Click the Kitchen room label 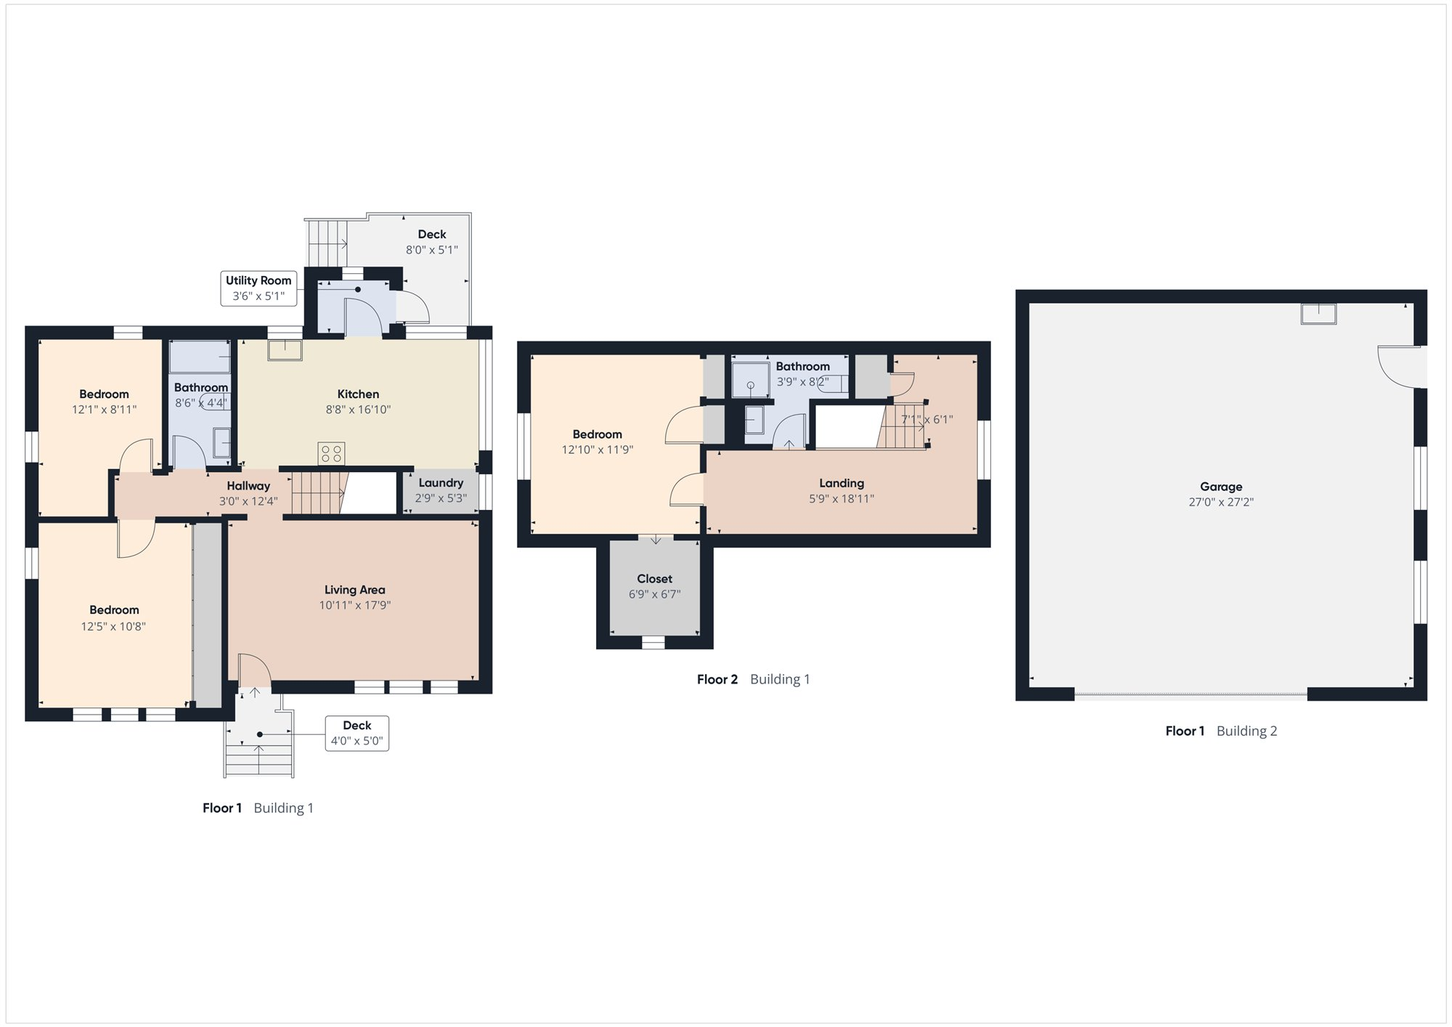pyautogui.click(x=358, y=394)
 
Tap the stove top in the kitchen pyautogui.click(x=331, y=454)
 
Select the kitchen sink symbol pyautogui.click(x=285, y=350)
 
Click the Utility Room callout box pyautogui.click(x=258, y=288)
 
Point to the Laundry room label pyautogui.click(x=441, y=483)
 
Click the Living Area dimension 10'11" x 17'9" pyautogui.click(x=355, y=605)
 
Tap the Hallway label pyautogui.click(x=248, y=486)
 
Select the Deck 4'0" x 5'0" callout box pyautogui.click(x=356, y=734)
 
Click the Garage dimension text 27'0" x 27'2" pyautogui.click(x=1221, y=502)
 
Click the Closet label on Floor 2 pyautogui.click(x=655, y=579)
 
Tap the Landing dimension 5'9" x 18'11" pyautogui.click(x=841, y=499)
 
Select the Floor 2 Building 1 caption pyautogui.click(x=754, y=680)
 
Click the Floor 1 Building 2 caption pyautogui.click(x=1221, y=731)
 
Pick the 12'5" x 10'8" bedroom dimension pyautogui.click(x=113, y=627)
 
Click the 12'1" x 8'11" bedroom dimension pyautogui.click(x=104, y=410)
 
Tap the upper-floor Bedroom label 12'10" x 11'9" pyautogui.click(x=597, y=442)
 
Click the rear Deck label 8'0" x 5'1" pyautogui.click(x=432, y=242)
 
